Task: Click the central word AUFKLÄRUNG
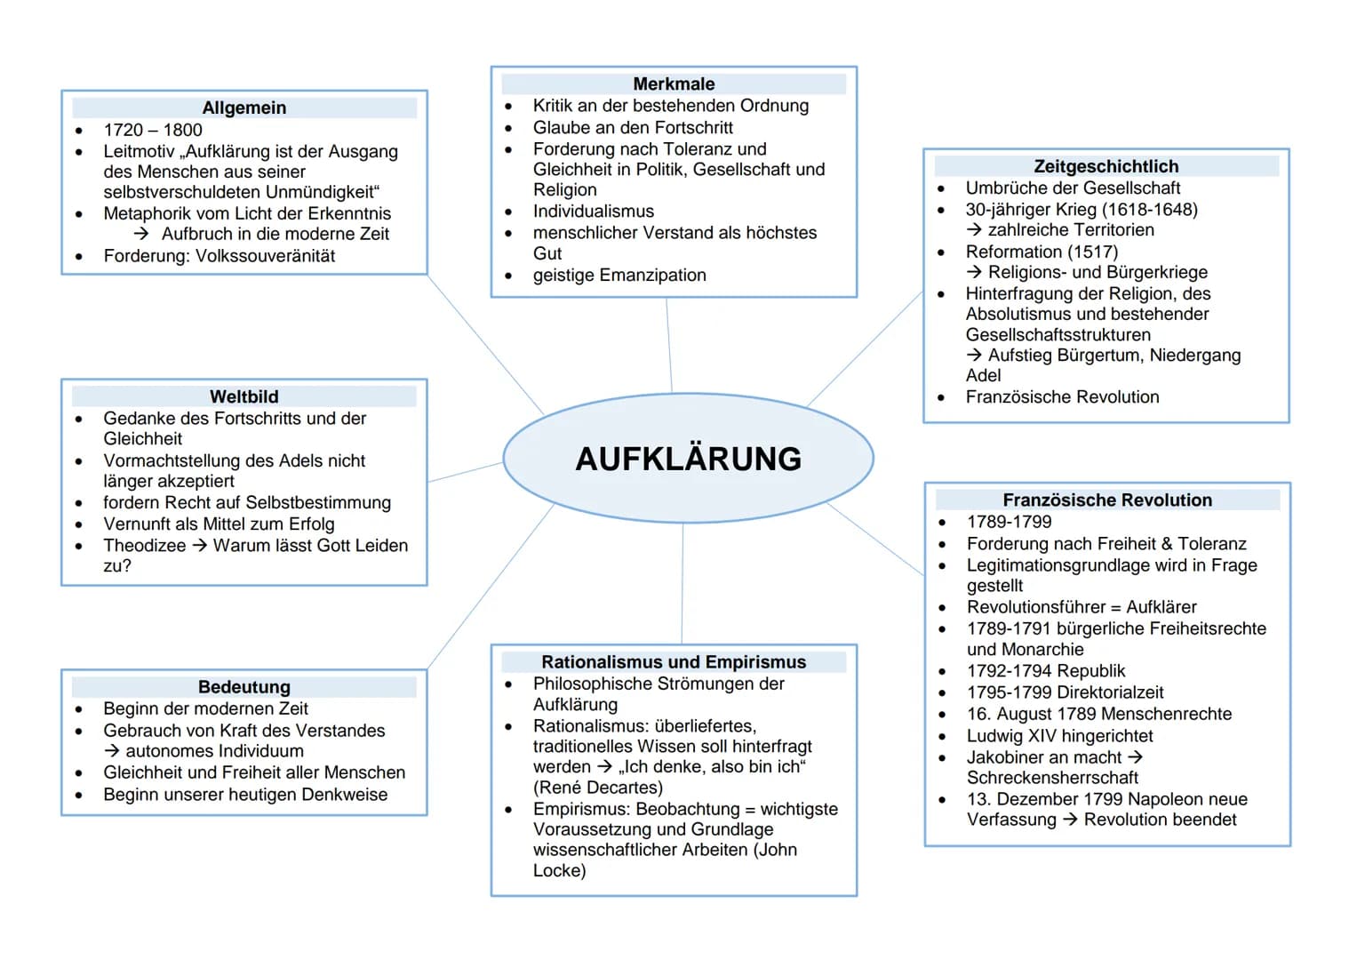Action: (688, 459)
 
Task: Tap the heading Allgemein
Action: (244, 108)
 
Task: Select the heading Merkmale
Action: (674, 84)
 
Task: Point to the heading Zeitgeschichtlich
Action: (1106, 166)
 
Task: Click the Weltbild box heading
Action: (244, 396)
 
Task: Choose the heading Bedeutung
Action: (244, 687)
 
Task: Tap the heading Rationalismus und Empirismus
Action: (674, 662)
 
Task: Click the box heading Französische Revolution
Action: (1107, 500)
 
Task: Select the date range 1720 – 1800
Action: (153, 130)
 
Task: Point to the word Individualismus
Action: (593, 212)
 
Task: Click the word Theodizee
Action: (145, 546)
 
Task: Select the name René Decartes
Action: (598, 788)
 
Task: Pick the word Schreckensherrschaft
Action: (1052, 778)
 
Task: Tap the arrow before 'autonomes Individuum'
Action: (112, 752)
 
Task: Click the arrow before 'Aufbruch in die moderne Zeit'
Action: (141, 234)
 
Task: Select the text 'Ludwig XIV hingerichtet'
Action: (1059, 736)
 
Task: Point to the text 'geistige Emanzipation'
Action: (619, 276)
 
